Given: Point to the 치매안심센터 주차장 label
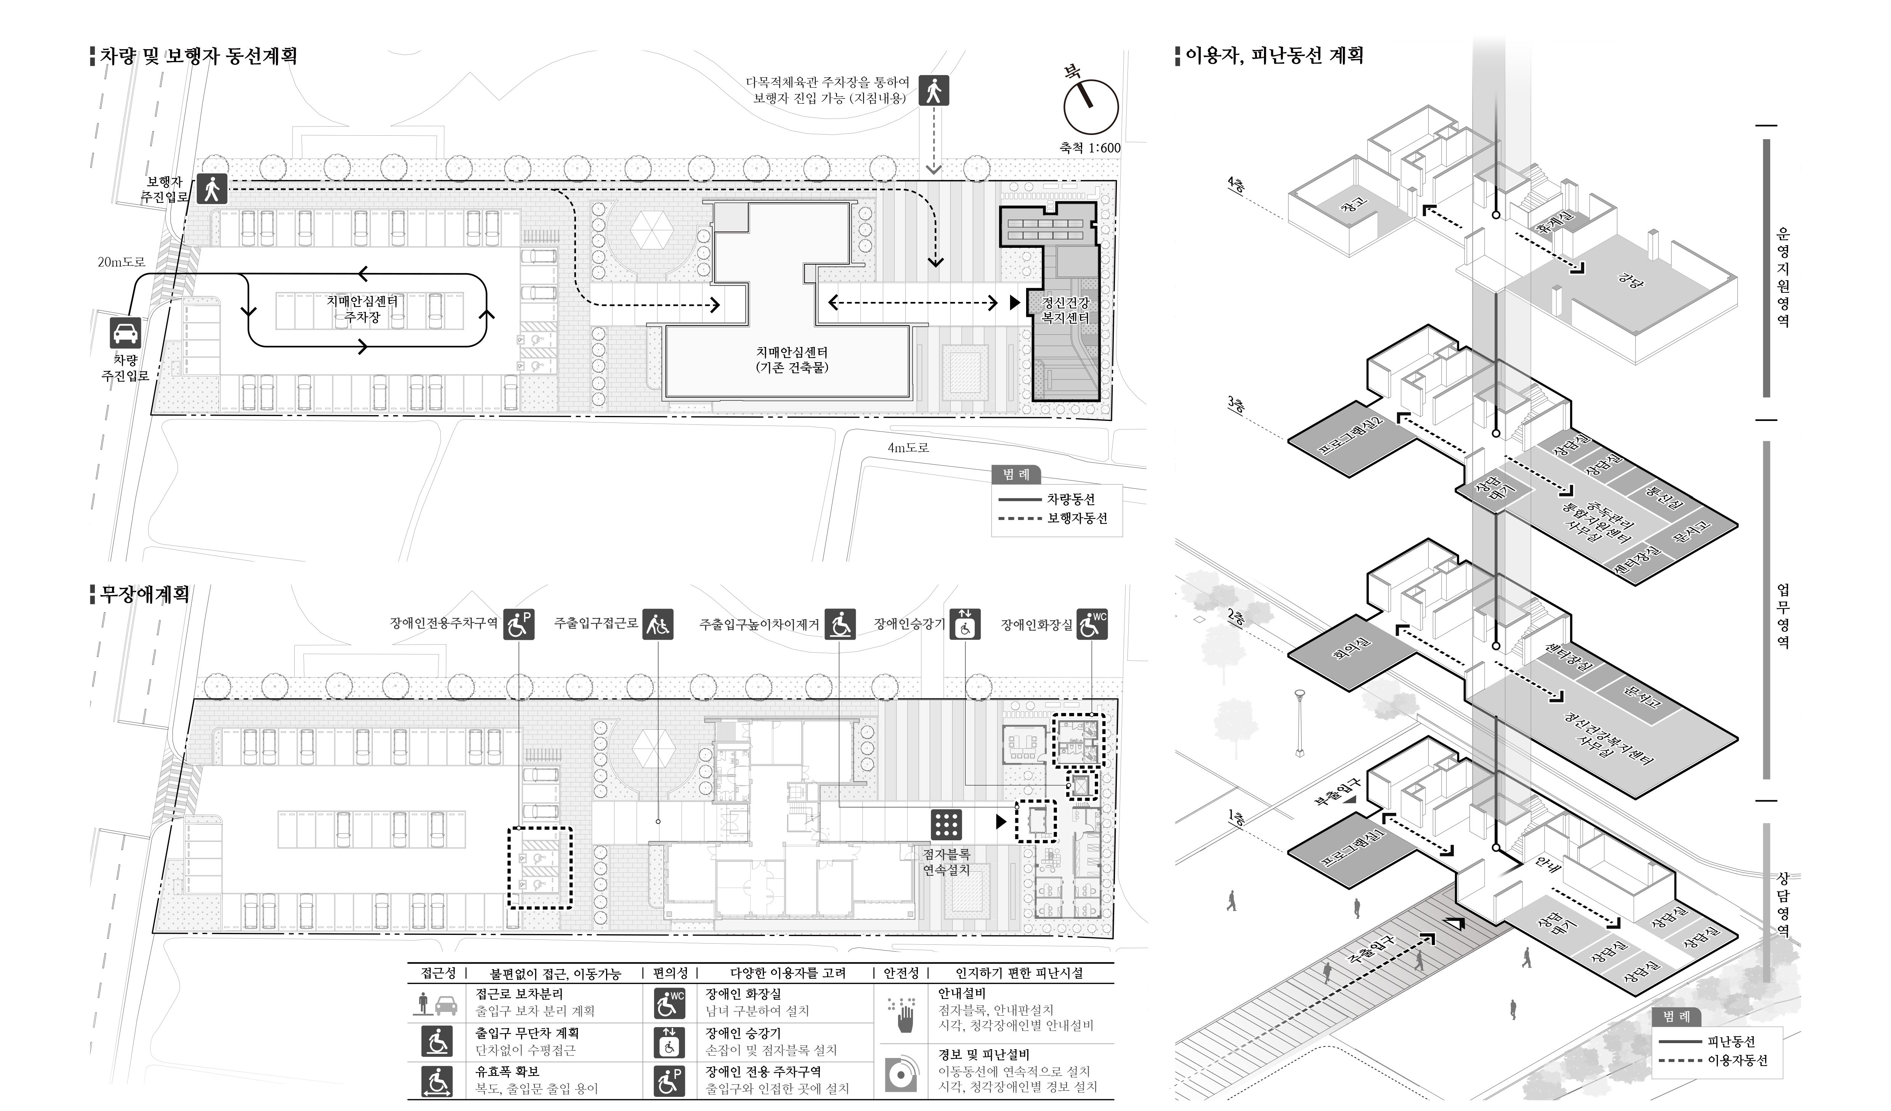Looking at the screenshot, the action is [362, 308].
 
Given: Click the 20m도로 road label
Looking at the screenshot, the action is [122, 262].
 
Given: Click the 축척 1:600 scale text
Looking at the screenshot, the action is [1089, 148].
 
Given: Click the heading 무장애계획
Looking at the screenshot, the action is [144, 594].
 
